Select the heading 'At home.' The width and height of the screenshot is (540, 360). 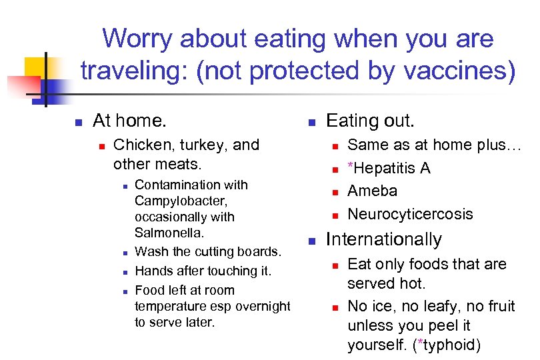point(129,121)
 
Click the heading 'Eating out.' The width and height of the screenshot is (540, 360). point(370,121)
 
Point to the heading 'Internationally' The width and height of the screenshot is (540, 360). point(383,239)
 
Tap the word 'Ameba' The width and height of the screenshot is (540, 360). point(372,191)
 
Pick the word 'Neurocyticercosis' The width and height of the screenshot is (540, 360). point(410,214)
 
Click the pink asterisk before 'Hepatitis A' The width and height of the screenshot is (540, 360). point(351,167)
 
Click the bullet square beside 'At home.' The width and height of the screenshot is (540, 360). point(78,122)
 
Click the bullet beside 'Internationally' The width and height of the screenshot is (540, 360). point(311,241)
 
